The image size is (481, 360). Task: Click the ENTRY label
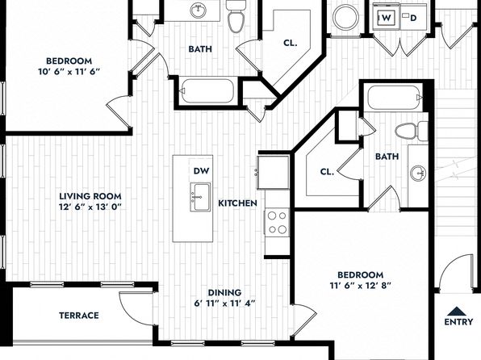[458, 321]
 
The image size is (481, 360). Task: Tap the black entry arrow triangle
[457, 312]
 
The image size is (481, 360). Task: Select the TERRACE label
[79, 316]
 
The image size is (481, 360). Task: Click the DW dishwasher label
[201, 171]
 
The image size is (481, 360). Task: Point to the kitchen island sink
[200, 197]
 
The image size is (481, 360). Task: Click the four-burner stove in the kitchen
[277, 222]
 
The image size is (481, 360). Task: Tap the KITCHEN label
[237, 203]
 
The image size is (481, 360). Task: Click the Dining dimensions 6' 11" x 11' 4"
[224, 303]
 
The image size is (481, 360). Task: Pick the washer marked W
[387, 18]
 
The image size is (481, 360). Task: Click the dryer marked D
[413, 18]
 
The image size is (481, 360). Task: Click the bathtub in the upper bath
[207, 91]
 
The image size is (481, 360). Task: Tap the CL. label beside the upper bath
[291, 44]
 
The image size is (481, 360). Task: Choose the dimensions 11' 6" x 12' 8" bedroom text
[361, 286]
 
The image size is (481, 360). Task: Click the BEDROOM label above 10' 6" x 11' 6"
[69, 61]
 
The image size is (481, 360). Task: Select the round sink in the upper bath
[198, 11]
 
